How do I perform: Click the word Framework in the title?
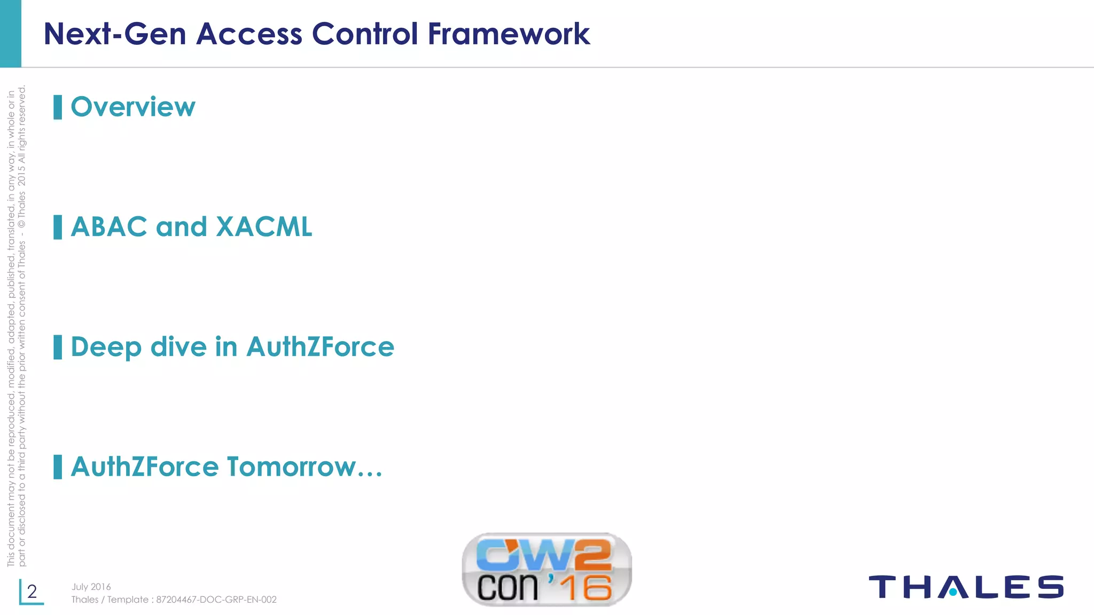tap(509, 34)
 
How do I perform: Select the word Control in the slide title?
tap(365, 34)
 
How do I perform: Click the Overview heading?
tap(133, 107)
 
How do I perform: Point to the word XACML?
tap(264, 227)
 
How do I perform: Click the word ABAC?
tap(109, 227)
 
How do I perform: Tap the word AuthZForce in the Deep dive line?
tap(320, 347)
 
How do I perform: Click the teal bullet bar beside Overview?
tap(58, 107)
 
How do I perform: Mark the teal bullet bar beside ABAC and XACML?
tap(58, 227)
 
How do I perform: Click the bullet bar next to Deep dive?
tap(58, 348)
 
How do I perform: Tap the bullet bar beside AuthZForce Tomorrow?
tap(58, 467)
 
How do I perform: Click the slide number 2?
tap(32, 592)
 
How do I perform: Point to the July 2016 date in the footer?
tap(91, 587)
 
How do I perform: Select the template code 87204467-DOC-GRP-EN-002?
tap(216, 600)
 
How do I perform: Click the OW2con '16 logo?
tap(546, 570)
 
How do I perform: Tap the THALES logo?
tap(966, 587)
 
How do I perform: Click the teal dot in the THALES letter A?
tap(953, 592)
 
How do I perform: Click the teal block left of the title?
tap(11, 33)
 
